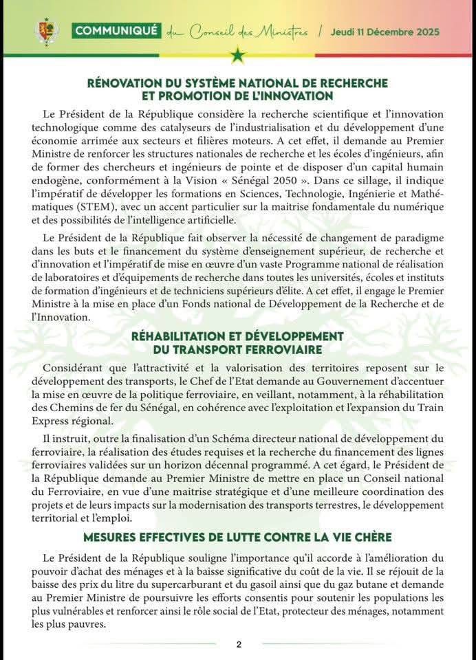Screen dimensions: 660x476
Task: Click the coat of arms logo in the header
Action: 47,32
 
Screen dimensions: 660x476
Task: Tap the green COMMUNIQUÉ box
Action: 116,31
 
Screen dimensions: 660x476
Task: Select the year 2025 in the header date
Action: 426,32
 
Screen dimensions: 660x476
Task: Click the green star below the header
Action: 238,55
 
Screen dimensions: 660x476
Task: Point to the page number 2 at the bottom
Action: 239,644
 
